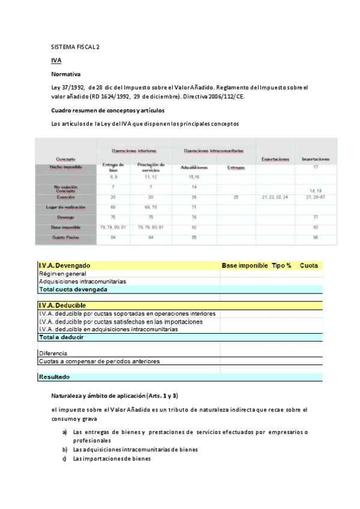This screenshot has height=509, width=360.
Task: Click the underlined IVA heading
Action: click(x=56, y=61)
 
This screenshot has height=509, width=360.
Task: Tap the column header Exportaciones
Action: click(x=275, y=159)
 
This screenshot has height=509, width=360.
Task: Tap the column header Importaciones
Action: click(x=316, y=159)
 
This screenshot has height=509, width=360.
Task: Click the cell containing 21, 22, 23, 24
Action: click(x=275, y=197)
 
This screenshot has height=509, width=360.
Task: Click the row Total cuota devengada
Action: click(x=73, y=289)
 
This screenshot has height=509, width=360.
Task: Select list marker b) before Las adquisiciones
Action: click(x=64, y=450)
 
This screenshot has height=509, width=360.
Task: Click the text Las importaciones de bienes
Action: click(x=112, y=459)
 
